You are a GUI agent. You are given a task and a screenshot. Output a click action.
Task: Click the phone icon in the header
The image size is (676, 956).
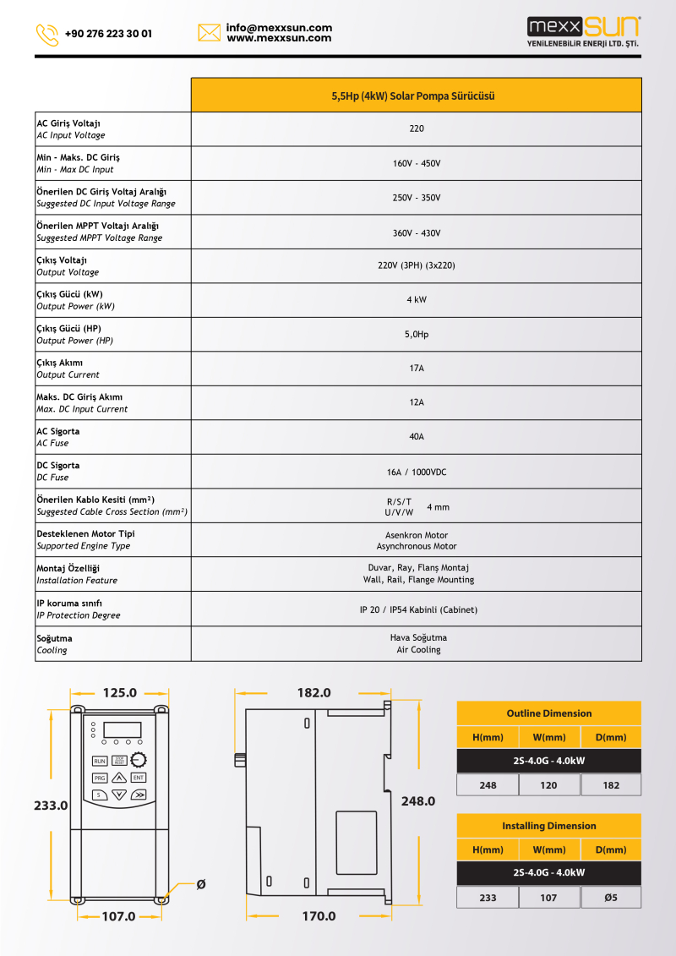click(x=47, y=35)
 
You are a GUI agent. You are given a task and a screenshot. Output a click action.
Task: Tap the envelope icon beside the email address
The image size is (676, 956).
click(x=210, y=33)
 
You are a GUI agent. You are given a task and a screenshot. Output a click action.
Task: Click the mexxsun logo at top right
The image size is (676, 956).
click(x=583, y=31)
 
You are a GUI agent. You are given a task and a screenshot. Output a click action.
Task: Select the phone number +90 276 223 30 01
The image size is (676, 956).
click(x=108, y=35)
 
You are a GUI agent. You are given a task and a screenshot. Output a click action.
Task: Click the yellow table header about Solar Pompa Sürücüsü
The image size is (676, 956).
click(x=416, y=96)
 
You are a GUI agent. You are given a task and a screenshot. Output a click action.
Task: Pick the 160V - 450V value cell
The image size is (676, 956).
click(x=417, y=163)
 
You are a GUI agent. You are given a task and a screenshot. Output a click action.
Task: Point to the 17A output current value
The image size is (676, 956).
click(x=417, y=368)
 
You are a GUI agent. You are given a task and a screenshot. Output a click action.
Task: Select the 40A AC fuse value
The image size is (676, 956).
click(x=417, y=437)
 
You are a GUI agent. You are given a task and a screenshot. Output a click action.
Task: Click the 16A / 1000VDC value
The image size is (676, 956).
click(x=417, y=472)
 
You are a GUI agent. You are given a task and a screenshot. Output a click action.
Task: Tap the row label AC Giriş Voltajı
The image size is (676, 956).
click(x=68, y=123)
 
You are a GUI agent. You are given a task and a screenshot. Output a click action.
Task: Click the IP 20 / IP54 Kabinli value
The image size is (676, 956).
click(x=417, y=609)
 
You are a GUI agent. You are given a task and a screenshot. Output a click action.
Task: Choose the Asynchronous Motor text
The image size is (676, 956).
click(x=417, y=546)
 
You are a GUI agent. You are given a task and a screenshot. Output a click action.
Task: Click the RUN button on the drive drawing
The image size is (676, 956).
click(x=100, y=761)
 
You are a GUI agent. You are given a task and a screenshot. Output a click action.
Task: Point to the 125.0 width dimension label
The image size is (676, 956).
click(x=119, y=693)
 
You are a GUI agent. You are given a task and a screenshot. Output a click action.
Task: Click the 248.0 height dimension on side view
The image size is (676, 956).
click(x=417, y=801)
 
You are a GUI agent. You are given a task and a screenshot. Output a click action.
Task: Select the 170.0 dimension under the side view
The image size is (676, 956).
click(x=319, y=916)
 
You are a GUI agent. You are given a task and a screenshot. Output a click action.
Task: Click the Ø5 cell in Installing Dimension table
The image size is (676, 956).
click(x=611, y=898)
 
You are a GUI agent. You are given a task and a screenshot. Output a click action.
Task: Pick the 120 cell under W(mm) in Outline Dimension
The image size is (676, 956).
click(x=548, y=785)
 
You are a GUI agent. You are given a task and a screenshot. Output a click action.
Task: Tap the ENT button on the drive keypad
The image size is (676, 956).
click(x=139, y=778)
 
